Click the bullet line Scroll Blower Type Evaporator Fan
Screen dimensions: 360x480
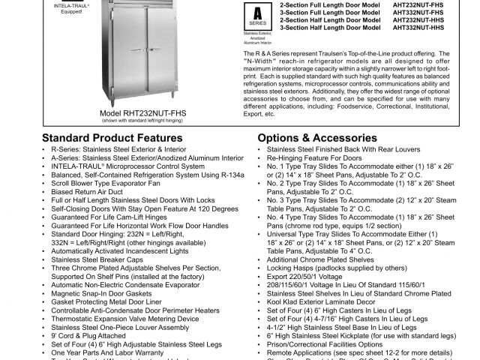(x=106, y=183)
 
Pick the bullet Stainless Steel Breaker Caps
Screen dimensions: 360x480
(x=99, y=259)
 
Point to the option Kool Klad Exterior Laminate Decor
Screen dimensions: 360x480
(x=323, y=301)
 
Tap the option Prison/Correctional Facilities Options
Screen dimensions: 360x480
(x=325, y=343)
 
